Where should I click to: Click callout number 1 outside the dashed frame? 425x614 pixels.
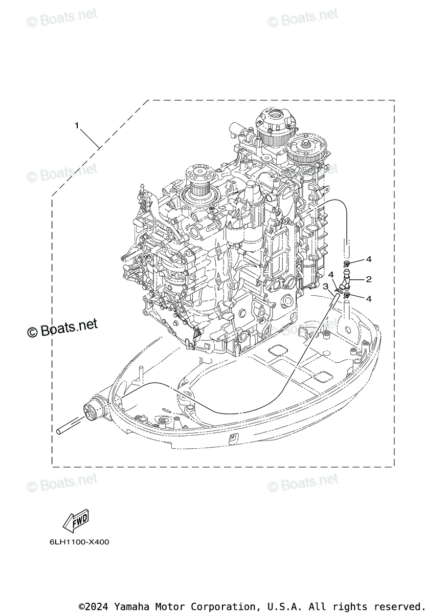point(77,125)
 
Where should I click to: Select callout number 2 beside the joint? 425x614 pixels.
point(368,279)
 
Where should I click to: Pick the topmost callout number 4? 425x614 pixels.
point(368,259)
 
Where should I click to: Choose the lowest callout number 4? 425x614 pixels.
point(368,298)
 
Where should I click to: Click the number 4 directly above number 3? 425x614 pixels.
point(331,275)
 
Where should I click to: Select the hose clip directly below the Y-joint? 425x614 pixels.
point(347,295)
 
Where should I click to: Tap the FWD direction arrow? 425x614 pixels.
point(75,520)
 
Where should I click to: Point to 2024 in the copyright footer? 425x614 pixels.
point(98,606)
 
